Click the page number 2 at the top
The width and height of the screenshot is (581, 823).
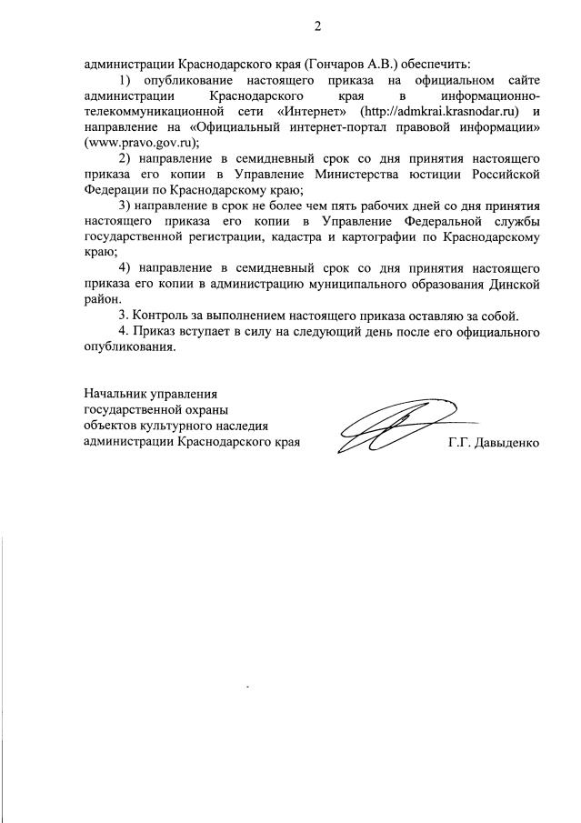coord(317,25)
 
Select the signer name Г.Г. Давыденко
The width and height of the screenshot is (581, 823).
coord(494,444)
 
